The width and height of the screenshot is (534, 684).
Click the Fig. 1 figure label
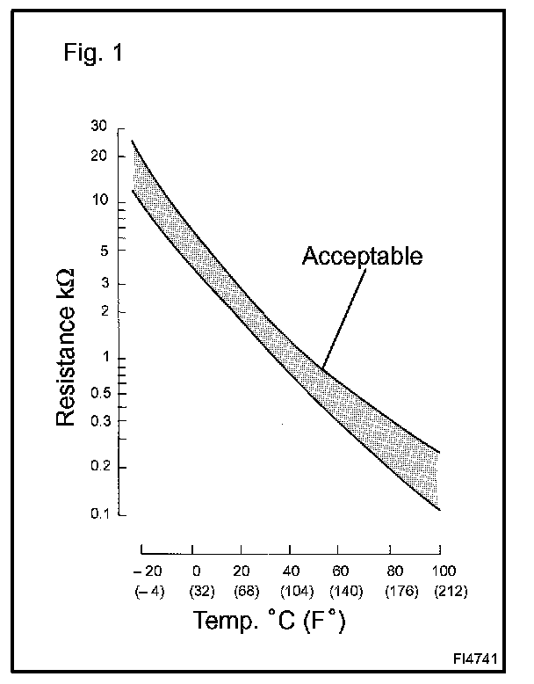[x=94, y=53]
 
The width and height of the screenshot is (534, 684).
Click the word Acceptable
[x=363, y=256]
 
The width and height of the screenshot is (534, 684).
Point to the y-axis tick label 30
[x=98, y=127]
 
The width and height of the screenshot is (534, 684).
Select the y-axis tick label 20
[x=98, y=156]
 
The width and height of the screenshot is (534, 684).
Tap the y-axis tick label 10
[x=99, y=201]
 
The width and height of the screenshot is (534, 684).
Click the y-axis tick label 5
[x=104, y=250]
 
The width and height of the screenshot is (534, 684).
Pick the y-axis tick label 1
[x=105, y=358]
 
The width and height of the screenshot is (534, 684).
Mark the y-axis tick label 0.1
[x=97, y=513]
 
